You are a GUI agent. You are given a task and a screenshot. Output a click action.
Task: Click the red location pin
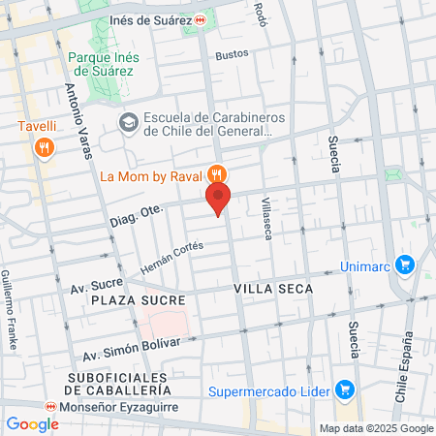(218, 199)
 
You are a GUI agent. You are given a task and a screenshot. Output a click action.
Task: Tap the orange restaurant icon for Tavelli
(43, 147)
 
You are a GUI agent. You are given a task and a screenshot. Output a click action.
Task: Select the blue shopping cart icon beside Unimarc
(405, 264)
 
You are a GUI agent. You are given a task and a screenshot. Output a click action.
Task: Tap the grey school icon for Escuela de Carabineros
(128, 123)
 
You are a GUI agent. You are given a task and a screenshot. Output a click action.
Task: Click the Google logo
(32, 423)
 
